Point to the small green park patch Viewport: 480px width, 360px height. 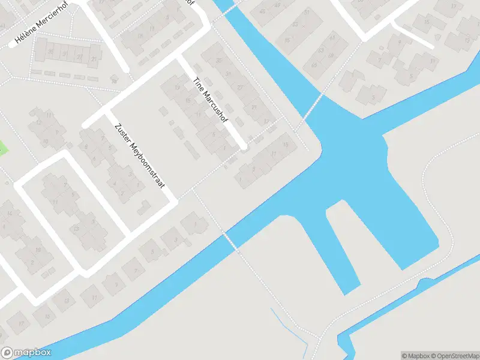[x=3, y=147]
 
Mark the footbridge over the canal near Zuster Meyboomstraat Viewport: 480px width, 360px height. [x=230, y=241]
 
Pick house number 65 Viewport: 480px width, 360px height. [x=314, y=65]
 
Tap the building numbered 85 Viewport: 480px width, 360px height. [x=287, y=41]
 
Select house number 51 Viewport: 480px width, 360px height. [x=306, y=12]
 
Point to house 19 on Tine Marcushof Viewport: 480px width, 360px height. [x=177, y=88]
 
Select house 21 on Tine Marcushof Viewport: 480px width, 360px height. [x=254, y=108]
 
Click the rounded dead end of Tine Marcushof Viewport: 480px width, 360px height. [x=243, y=146]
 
